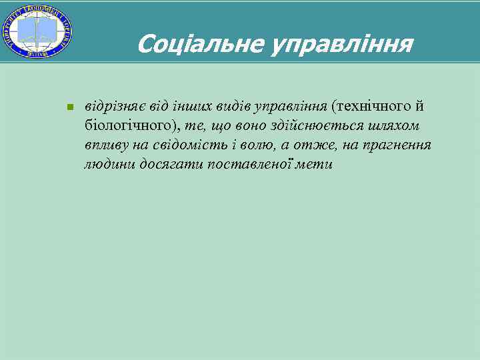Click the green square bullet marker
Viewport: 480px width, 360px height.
pyautogui.click(x=69, y=107)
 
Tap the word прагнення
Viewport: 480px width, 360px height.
pyautogui.click(x=397, y=145)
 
